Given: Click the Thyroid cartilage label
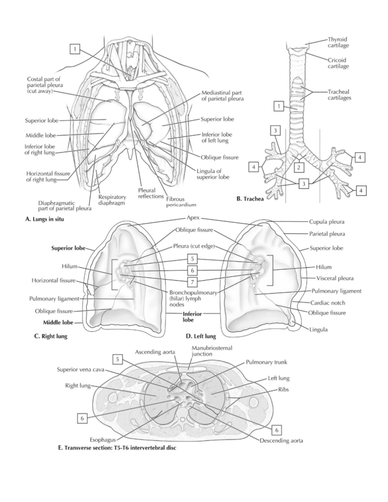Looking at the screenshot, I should pyautogui.click(x=338, y=43).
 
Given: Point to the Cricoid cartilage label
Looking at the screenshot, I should pyautogui.click(x=338, y=63).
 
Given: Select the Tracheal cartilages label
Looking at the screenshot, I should pyautogui.click(x=339, y=95).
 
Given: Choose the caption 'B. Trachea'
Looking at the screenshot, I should pyautogui.click(x=250, y=199).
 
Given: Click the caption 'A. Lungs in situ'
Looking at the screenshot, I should pyautogui.click(x=45, y=219).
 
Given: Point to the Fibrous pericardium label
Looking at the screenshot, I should pyautogui.click(x=181, y=202).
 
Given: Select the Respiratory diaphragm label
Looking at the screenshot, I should pyautogui.click(x=112, y=200).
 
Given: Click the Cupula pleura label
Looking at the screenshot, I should pyautogui.click(x=327, y=222).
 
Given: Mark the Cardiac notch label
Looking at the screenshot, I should pyautogui.click(x=328, y=303).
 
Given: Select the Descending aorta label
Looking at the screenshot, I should pyautogui.click(x=281, y=440).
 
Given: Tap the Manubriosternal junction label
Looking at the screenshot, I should pyautogui.click(x=212, y=351).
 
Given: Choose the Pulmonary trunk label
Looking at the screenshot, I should pyautogui.click(x=266, y=362).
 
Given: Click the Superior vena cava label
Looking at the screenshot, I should pyautogui.click(x=81, y=369).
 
